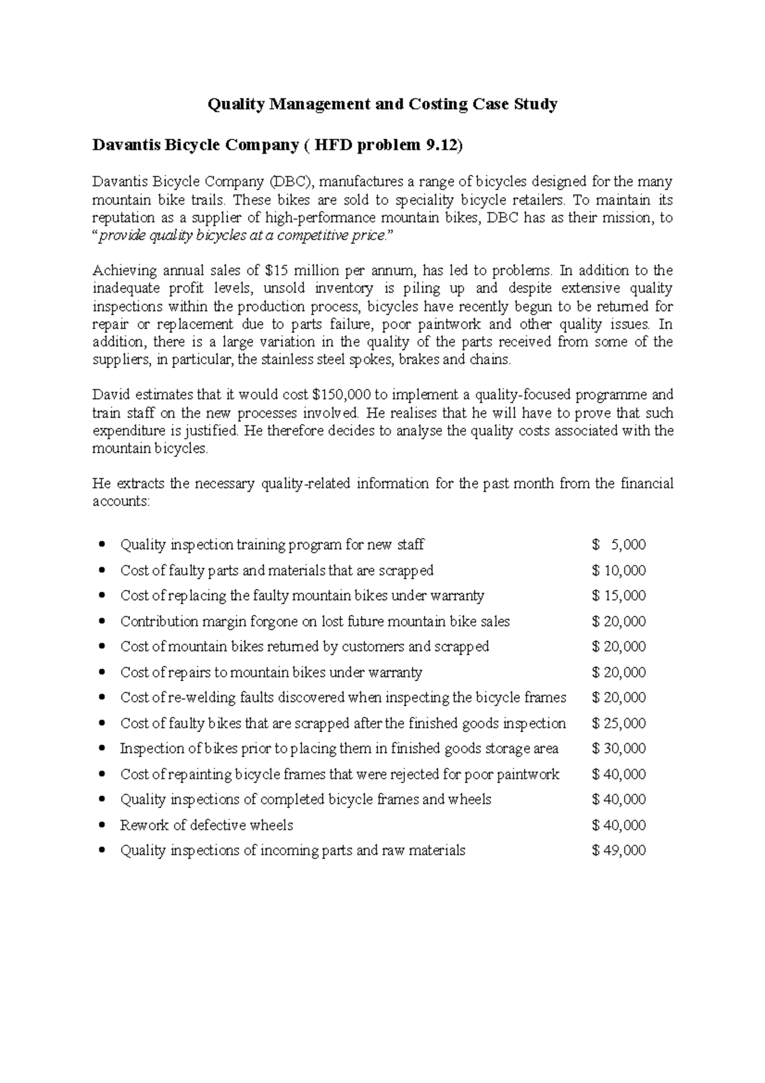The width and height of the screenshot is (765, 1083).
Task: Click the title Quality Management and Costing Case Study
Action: point(382,104)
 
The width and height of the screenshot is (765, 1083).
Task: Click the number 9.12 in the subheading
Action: point(439,145)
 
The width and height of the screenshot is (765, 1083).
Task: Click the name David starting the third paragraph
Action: point(110,395)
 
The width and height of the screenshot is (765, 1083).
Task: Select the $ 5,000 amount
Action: point(619,545)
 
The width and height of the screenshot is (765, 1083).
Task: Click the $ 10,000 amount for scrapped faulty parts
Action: point(619,570)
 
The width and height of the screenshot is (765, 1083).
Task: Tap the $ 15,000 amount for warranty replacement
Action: point(619,596)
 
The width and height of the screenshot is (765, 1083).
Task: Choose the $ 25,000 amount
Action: point(619,723)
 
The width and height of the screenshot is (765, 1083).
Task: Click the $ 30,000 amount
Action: point(619,749)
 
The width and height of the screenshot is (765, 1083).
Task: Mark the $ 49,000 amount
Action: point(619,850)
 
